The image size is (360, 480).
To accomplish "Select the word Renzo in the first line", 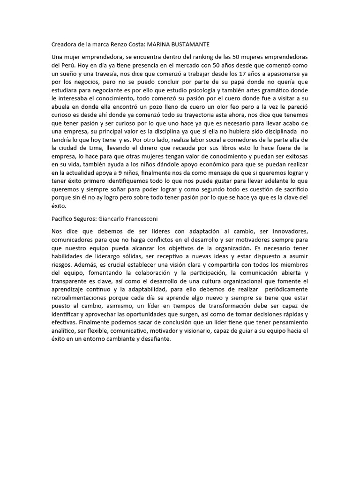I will [120, 44].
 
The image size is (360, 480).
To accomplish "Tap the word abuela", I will [61, 107].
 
